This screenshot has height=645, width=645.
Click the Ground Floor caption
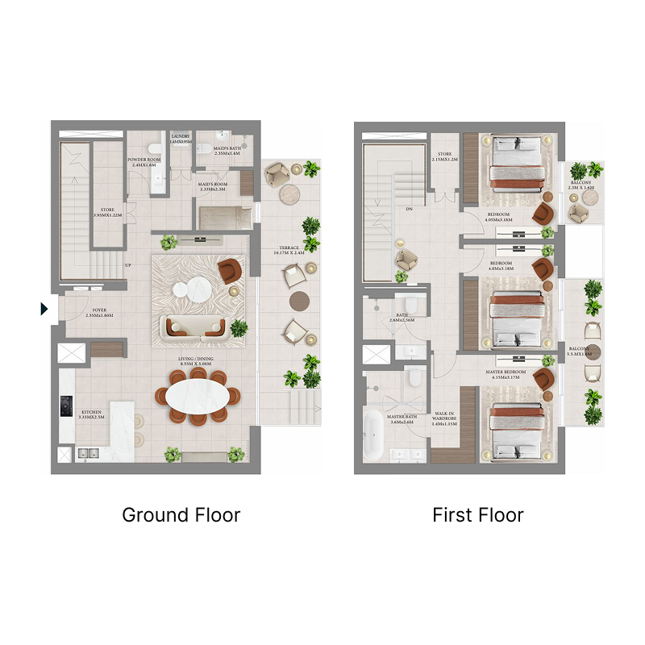[x=181, y=514]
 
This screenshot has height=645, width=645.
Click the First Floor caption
[x=477, y=514]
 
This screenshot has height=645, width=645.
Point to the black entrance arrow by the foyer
[x=44, y=308]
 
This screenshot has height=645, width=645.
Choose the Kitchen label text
[x=92, y=414]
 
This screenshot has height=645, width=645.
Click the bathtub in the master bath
[x=373, y=436]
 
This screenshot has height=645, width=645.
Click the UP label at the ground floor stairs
[x=127, y=265]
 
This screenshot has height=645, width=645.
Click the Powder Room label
[x=144, y=162]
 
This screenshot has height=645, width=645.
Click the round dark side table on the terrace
[x=298, y=301]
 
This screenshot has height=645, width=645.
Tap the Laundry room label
[x=181, y=138]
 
